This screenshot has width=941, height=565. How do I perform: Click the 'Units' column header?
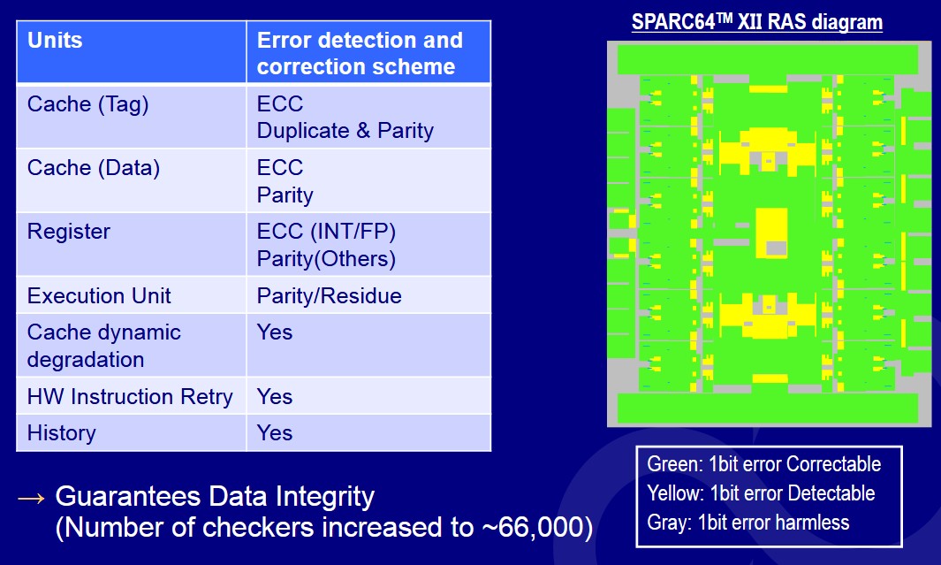(55, 40)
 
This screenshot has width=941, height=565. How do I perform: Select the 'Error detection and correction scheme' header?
(360, 53)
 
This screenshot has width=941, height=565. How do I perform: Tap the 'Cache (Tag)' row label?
(87, 104)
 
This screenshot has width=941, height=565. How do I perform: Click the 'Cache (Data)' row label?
(94, 168)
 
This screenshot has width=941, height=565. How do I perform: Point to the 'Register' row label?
(68, 232)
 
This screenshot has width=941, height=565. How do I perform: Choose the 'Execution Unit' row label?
(99, 295)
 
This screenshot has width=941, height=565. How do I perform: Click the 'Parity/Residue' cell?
(330, 295)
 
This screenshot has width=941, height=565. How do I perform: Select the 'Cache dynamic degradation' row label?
(104, 346)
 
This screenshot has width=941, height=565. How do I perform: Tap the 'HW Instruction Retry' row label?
(130, 396)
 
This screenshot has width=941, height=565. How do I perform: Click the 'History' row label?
(61, 433)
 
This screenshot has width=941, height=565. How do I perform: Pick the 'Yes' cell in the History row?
(275, 433)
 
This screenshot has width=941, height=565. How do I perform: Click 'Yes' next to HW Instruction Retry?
(275, 396)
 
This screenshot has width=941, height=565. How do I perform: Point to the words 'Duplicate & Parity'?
(345, 131)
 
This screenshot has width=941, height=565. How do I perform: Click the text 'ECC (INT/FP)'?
(326, 232)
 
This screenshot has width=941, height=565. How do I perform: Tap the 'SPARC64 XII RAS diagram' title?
(756, 22)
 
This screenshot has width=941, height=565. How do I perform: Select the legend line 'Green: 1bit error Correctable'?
(764, 464)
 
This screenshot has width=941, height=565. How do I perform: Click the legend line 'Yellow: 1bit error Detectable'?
(761, 493)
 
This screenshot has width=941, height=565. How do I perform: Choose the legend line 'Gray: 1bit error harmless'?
(747, 523)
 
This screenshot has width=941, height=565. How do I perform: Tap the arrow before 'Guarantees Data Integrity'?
(31, 498)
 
